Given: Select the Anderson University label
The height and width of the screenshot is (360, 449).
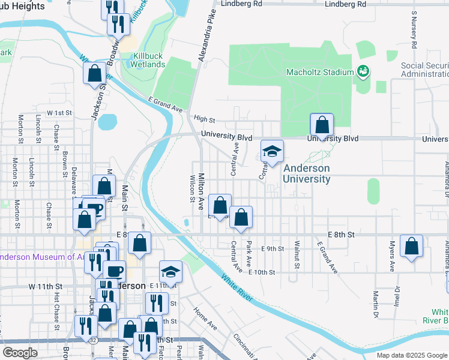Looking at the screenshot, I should [x=306, y=174].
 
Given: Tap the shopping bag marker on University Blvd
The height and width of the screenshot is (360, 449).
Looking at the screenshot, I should [x=322, y=126].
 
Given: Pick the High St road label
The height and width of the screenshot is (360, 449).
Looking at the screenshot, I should [x=204, y=119].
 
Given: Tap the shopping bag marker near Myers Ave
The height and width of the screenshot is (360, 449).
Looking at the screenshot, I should [x=412, y=247].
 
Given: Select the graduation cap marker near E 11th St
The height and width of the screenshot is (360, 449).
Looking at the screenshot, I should [x=170, y=272].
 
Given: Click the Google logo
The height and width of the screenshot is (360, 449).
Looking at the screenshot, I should [x=20, y=353].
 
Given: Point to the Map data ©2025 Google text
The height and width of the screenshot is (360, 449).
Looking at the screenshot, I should [x=412, y=355].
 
